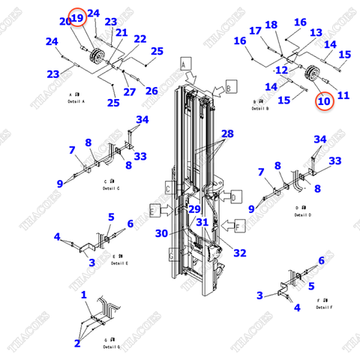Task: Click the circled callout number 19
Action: [x=78, y=16]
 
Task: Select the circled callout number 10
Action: [x=323, y=100]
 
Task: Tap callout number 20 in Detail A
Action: [x=64, y=22]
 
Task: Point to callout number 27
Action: [x=129, y=91]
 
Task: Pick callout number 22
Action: [x=139, y=38]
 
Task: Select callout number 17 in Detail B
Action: [x=255, y=31]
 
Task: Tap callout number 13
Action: [x=316, y=32]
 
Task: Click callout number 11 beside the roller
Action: [x=343, y=94]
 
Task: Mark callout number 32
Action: [x=239, y=253]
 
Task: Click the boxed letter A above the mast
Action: [x=182, y=64]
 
